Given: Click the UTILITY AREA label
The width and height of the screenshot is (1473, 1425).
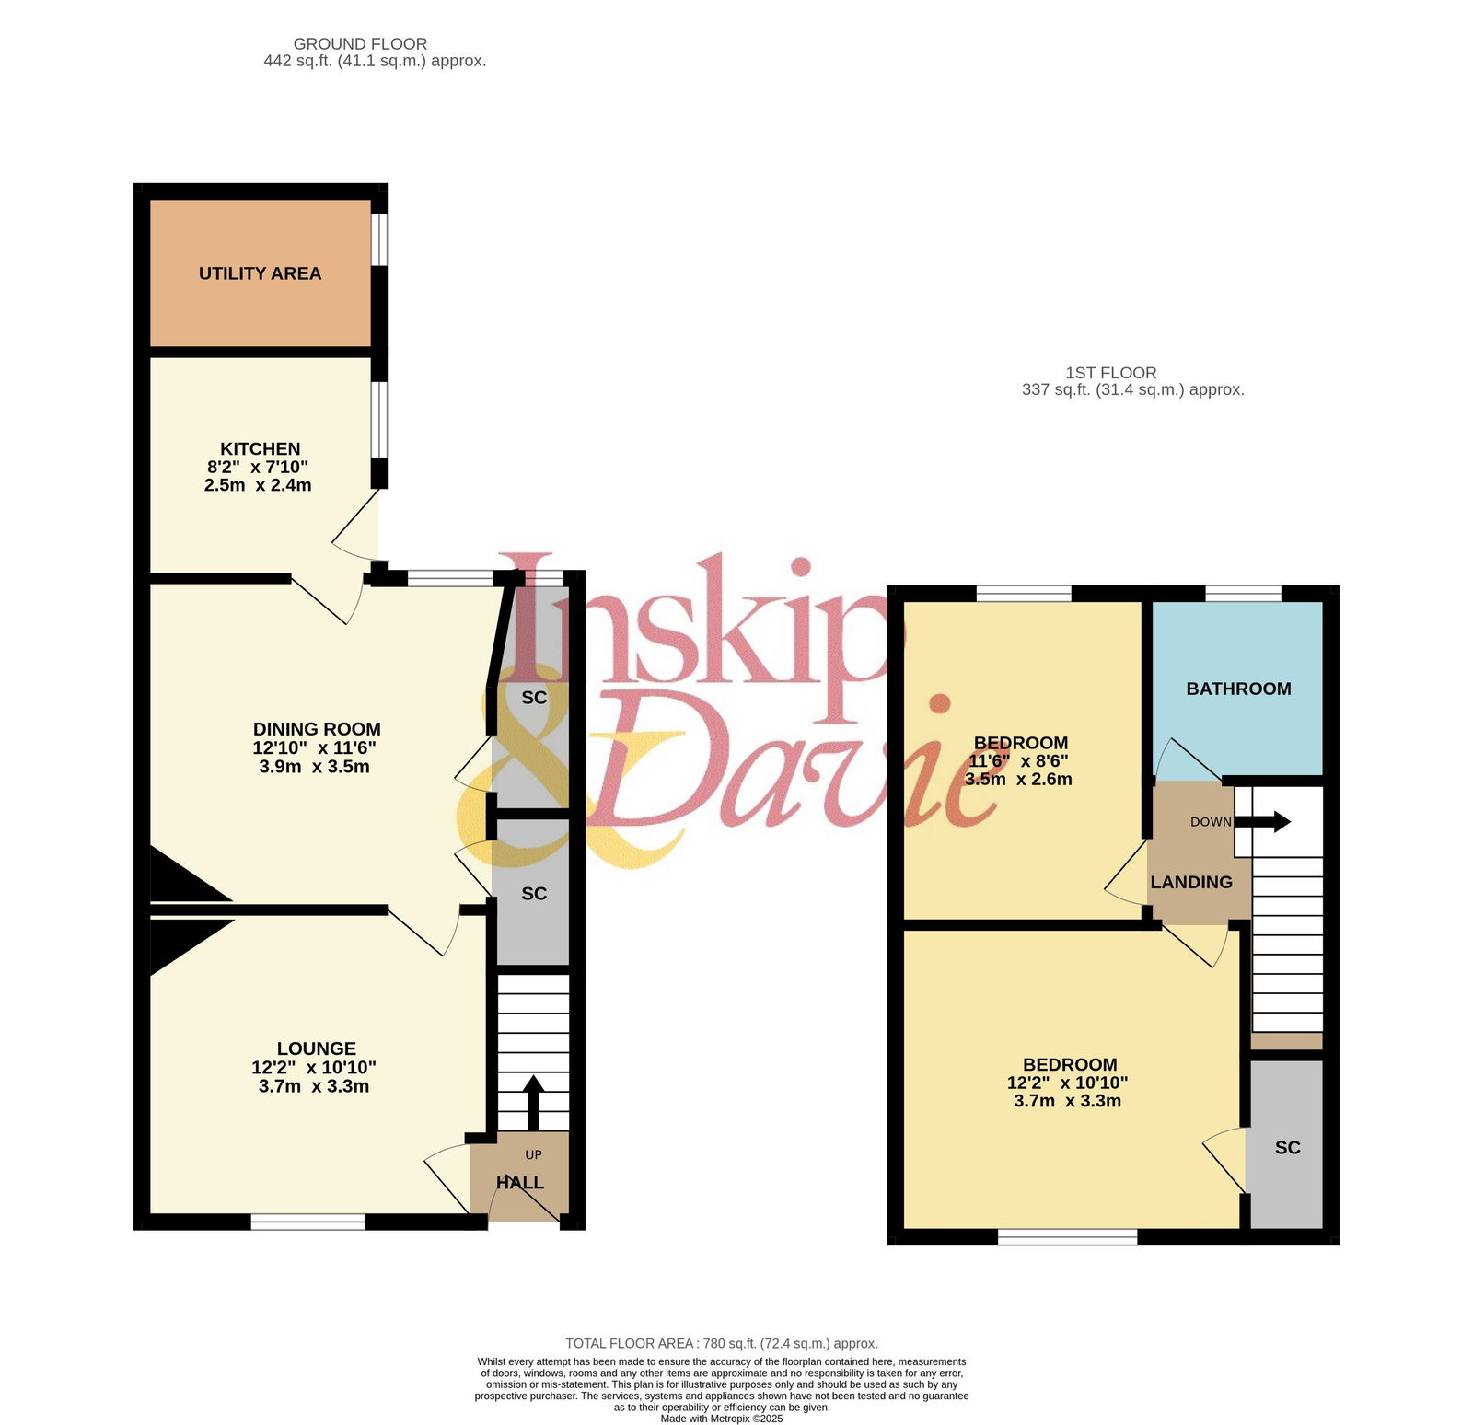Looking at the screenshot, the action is pyautogui.click(x=260, y=273).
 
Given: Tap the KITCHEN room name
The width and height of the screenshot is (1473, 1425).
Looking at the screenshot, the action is pyautogui.click(x=260, y=448).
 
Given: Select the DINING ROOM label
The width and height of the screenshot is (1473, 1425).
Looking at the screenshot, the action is pyautogui.click(x=317, y=729).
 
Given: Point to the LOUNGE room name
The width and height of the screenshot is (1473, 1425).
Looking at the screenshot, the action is pyautogui.click(x=317, y=1048).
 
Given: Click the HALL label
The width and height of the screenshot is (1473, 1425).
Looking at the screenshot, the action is pyautogui.click(x=520, y=1183).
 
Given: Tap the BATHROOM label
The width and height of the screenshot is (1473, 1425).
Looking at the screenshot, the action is pyautogui.click(x=1238, y=689).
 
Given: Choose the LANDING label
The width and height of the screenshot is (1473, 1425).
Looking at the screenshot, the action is pyautogui.click(x=1191, y=882).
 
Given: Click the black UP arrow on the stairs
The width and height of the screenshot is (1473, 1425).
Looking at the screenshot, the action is pyautogui.click(x=533, y=1103).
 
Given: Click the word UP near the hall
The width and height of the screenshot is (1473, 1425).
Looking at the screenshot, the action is pyautogui.click(x=533, y=1154).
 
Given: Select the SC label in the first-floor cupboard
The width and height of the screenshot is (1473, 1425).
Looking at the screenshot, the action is pyautogui.click(x=1287, y=1147).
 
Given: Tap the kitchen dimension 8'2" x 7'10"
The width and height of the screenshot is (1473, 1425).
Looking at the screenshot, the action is pyautogui.click(x=258, y=467).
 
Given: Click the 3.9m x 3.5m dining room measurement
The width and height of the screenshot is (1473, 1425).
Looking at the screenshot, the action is pyautogui.click(x=315, y=766).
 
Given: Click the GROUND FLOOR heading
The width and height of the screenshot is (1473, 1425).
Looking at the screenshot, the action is pyautogui.click(x=360, y=43).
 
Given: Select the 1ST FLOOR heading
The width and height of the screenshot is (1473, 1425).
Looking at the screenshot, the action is pyautogui.click(x=1111, y=373).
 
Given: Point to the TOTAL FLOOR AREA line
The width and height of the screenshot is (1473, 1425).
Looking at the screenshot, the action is pyautogui.click(x=722, y=1343).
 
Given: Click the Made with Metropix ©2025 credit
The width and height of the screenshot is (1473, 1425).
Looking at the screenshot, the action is pyautogui.click(x=722, y=1419).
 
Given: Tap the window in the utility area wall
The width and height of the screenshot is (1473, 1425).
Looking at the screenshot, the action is pyautogui.click(x=379, y=240).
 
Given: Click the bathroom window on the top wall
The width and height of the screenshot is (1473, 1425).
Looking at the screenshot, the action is pyautogui.click(x=1243, y=593).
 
